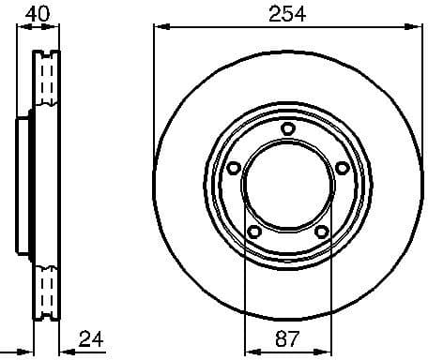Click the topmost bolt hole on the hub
click(x=287, y=128)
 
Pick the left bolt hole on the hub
click(x=233, y=168)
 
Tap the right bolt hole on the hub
click(x=342, y=168)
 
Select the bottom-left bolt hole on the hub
click(x=253, y=232)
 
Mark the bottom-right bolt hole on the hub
click(x=321, y=232)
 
